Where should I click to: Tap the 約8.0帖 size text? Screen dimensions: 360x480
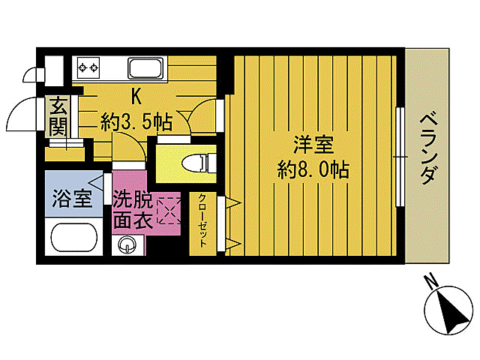click(x=313, y=170)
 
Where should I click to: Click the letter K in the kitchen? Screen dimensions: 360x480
click(x=137, y=96)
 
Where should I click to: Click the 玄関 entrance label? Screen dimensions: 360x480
click(x=58, y=116)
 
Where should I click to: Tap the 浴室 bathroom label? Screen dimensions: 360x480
click(x=72, y=199)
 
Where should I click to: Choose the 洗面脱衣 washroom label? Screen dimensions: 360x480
click(x=133, y=211)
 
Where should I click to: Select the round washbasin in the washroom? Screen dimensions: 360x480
click(x=128, y=244)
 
